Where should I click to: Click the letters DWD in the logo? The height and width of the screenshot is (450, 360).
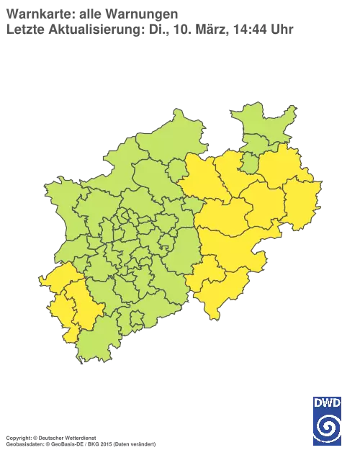tap(328, 402)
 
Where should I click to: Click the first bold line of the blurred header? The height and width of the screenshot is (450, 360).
tap(90, 14)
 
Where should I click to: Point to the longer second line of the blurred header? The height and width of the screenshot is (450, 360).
tap(148, 29)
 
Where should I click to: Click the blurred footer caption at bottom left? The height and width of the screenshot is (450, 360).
tap(79, 436)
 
